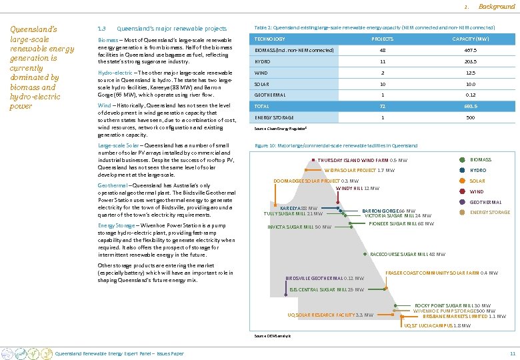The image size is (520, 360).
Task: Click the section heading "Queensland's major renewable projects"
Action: pos(171,29)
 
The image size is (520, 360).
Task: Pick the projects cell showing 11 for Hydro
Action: pos(383,61)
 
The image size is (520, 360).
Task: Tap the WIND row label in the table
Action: pos(261,73)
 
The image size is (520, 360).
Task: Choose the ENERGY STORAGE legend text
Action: pos(489,213)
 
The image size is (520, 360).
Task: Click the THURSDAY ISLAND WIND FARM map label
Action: pos(362,161)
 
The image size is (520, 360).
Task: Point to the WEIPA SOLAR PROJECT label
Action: pos(359,171)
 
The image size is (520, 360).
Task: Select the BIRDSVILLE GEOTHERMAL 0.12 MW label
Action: pos(324,278)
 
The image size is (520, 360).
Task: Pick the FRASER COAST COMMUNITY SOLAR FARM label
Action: pos(441,273)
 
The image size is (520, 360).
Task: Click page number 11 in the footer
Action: pos(512,353)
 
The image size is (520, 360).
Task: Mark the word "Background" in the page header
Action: pos(497,7)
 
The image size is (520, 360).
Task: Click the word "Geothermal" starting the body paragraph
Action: pos(112,185)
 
